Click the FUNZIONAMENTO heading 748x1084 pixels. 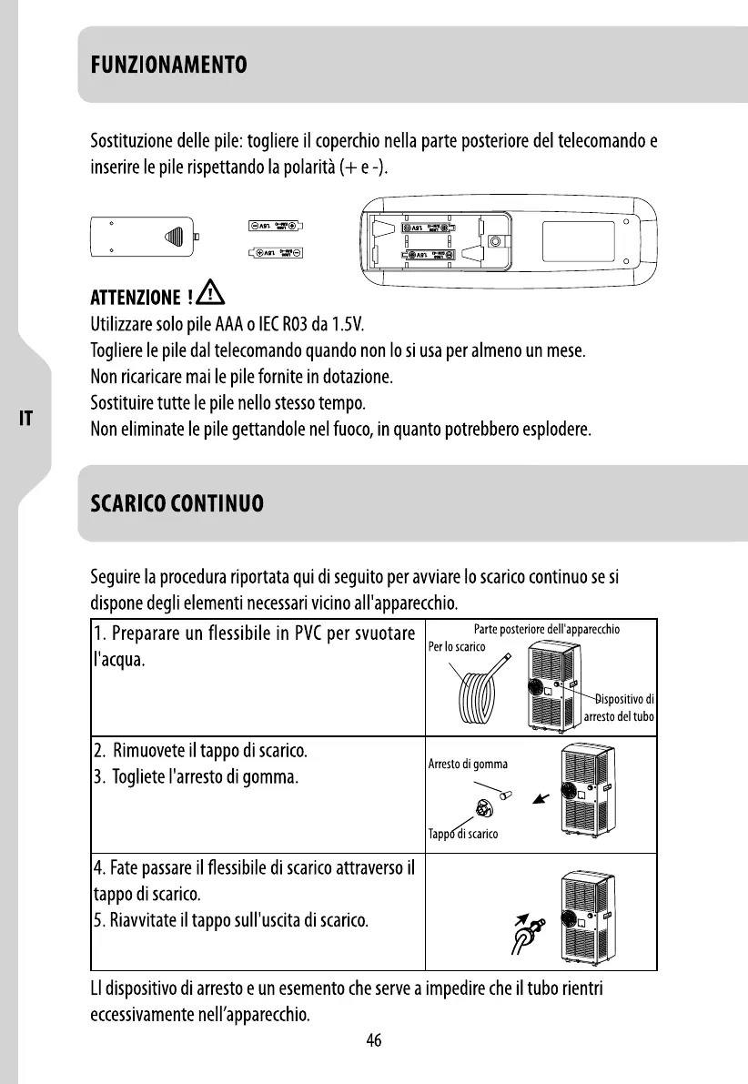click(x=168, y=66)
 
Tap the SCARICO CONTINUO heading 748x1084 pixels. click(x=177, y=503)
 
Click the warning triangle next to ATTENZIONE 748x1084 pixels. click(x=211, y=294)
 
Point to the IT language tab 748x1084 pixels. click(x=27, y=419)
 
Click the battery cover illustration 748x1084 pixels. click(x=146, y=238)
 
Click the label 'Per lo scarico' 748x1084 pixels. click(x=457, y=647)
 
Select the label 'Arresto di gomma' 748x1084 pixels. click(x=468, y=764)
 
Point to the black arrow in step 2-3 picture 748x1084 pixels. click(x=541, y=798)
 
